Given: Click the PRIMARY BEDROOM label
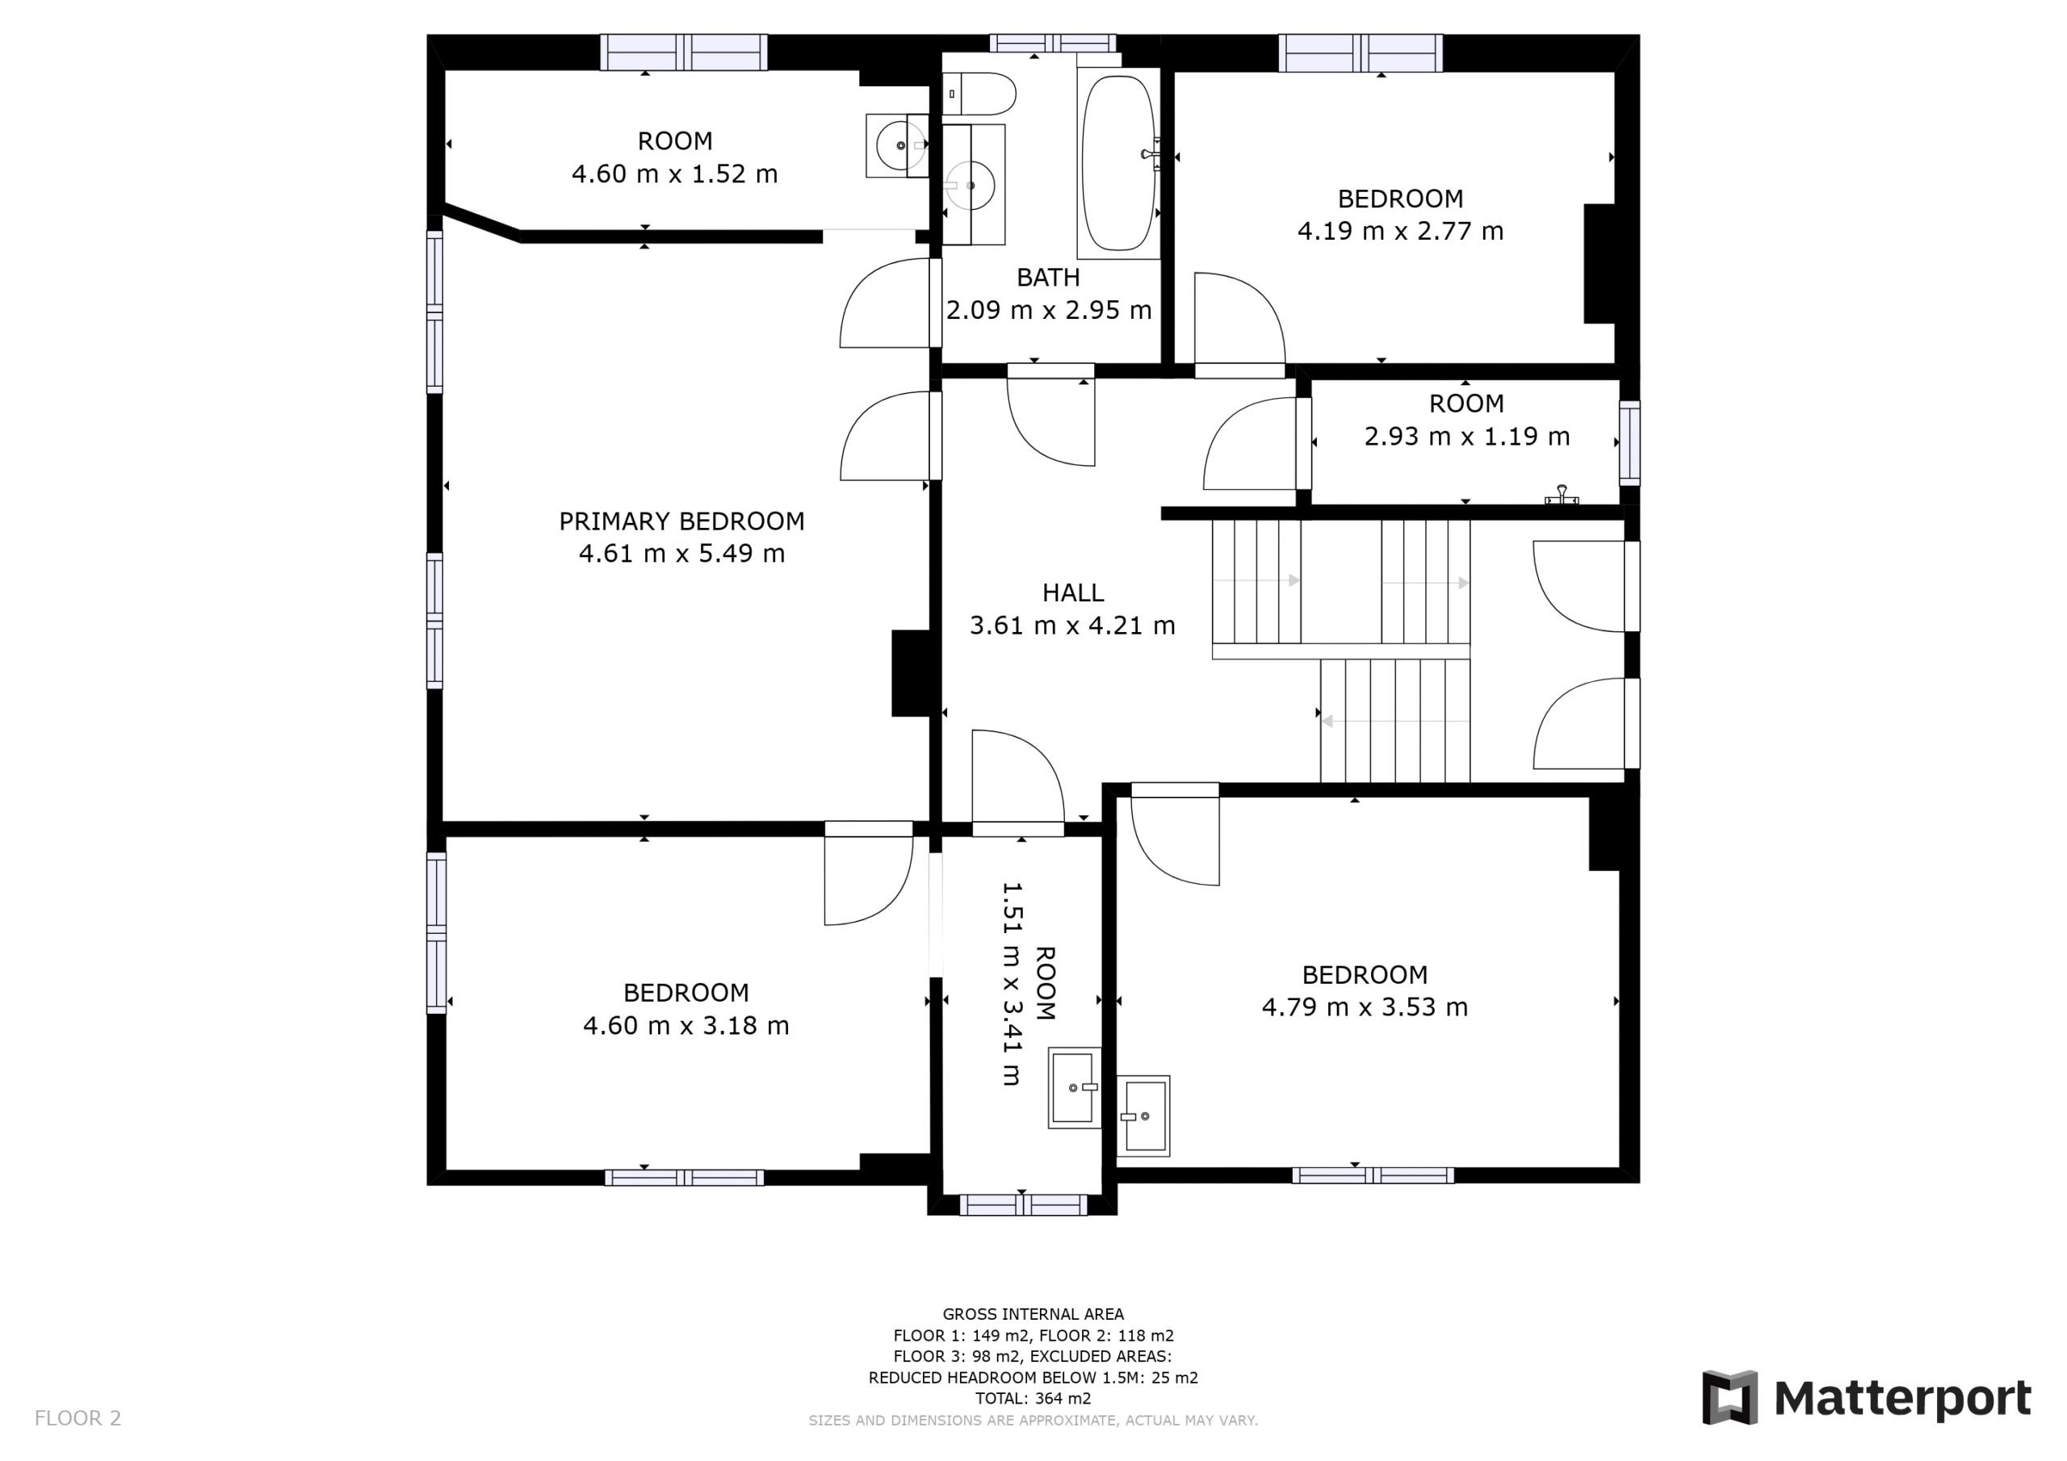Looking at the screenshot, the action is [x=681, y=521].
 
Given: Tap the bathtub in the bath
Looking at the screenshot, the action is [x=1118, y=163].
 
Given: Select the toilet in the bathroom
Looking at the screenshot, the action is [x=979, y=94].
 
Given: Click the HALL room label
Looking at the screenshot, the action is [x=1072, y=592].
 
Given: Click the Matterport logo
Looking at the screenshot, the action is [x=1866, y=1398].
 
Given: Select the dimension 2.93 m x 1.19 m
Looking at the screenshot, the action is [x=1466, y=437].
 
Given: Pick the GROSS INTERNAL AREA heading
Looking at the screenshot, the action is [x=1033, y=1314].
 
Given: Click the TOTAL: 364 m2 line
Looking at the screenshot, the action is [x=1033, y=1398].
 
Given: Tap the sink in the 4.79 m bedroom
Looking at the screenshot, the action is [x=1143, y=1116].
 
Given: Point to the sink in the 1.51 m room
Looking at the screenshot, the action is [x=1075, y=1087].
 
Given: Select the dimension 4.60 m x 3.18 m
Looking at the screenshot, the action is [x=686, y=1025].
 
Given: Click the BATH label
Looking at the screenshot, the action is [x=1048, y=277].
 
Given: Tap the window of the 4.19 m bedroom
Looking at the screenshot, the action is [x=1361, y=52].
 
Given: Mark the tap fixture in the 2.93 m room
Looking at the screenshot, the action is [x=1562, y=494].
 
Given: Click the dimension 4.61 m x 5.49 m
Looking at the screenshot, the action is [x=681, y=554].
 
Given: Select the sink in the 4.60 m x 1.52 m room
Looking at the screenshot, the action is [x=898, y=145].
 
